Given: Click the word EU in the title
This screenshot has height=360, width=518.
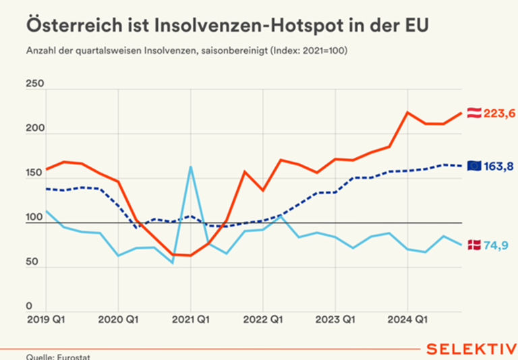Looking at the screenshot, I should click(x=413, y=25).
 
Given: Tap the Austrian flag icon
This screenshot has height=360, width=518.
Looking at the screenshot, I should click(x=474, y=113).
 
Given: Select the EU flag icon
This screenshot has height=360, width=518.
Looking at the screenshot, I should click(x=474, y=165).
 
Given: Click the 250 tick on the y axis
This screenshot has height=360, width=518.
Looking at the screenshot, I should click(x=34, y=84).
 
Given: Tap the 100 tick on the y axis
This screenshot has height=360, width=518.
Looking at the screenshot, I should click(x=34, y=218).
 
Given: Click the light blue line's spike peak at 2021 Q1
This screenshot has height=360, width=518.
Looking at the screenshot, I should click(x=191, y=167).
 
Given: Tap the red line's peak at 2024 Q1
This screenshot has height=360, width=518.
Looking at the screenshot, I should click(x=407, y=112).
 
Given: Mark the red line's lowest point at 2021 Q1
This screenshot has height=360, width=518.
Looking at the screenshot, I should click(x=191, y=256).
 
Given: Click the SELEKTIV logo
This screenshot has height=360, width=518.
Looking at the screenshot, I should click(x=471, y=349).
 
